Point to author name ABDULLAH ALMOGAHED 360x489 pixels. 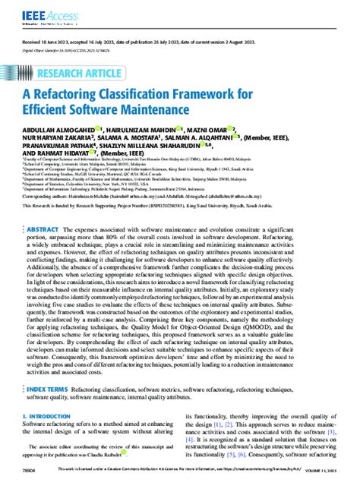[62, 130]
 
